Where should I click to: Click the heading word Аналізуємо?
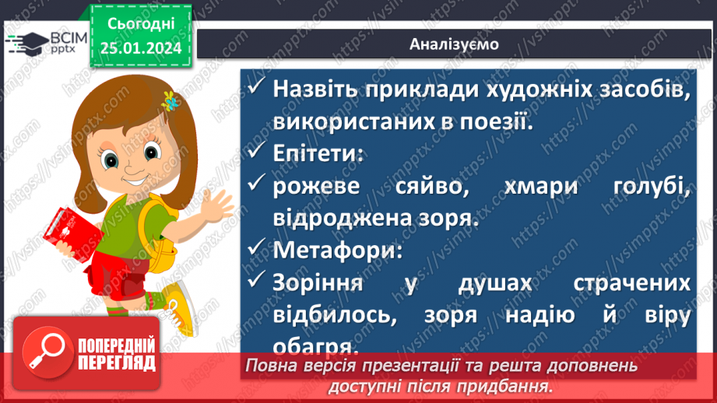(454, 44)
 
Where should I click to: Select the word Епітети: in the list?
(318, 153)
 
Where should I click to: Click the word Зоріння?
(317, 283)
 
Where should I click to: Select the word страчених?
(631, 283)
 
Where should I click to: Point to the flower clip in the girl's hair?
(168, 100)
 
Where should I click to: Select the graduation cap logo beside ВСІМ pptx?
(23, 43)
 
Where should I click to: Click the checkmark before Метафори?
(257, 251)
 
